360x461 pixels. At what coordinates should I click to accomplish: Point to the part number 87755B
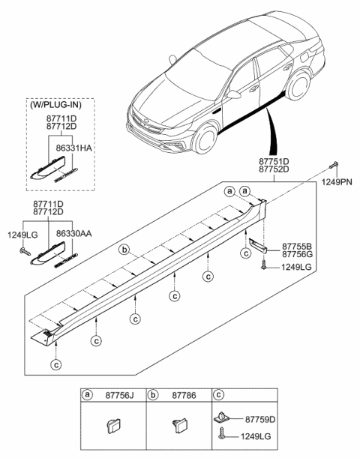point(296,245)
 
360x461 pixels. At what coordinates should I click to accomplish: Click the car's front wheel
point(202,140)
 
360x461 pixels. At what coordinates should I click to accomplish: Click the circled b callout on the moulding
point(127,250)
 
